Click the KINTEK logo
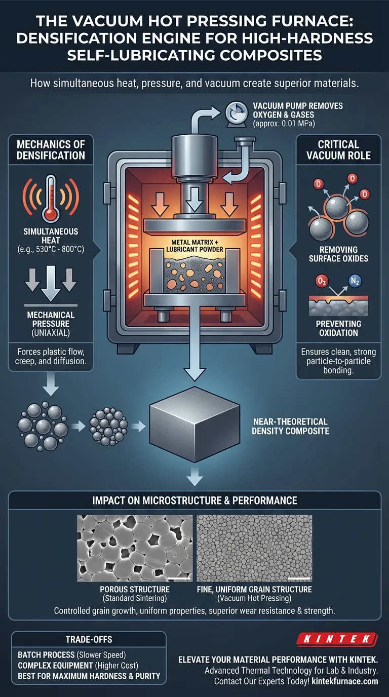pyautogui.click(x=343, y=639)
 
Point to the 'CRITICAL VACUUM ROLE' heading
pyautogui.click(x=339, y=150)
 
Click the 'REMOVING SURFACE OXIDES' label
pyautogui.click(x=339, y=254)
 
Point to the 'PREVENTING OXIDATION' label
pyautogui.click(x=339, y=328)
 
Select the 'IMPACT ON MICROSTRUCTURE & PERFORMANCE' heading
pyautogui.click(x=194, y=501)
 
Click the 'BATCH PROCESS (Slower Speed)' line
pyautogui.click(x=69, y=655)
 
